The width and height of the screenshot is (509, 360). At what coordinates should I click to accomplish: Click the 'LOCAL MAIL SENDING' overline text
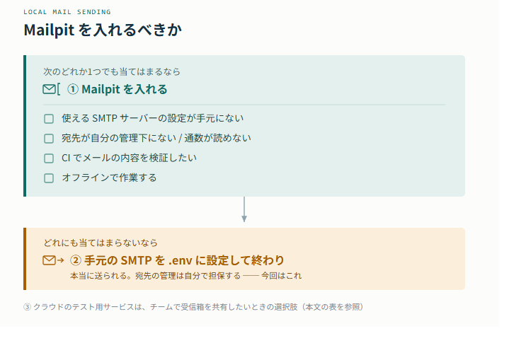point(67,12)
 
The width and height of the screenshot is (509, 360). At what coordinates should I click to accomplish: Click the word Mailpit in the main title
point(49,30)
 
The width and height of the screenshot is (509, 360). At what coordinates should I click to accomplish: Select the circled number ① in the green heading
point(73,89)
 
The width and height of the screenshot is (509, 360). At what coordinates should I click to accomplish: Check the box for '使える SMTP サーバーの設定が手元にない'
point(49,119)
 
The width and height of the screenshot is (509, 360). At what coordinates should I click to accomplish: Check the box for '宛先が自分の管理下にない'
point(49,139)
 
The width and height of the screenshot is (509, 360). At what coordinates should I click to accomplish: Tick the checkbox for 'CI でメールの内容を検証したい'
point(49,158)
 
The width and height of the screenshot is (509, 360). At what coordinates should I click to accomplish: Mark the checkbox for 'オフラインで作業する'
point(49,178)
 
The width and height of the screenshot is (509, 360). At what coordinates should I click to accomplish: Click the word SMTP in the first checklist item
point(105,118)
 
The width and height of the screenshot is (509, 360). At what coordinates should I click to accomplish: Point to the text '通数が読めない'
point(218,138)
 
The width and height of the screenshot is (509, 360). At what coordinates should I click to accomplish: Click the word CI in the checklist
point(66,158)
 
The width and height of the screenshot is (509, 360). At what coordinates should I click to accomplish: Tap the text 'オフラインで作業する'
point(110,178)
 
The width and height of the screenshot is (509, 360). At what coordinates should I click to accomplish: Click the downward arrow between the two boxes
point(244,209)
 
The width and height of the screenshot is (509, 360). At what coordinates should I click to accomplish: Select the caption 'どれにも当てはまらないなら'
point(101,243)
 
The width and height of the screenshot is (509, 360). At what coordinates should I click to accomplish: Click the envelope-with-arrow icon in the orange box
point(53,260)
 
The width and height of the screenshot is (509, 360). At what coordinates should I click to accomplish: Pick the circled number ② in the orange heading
point(76,260)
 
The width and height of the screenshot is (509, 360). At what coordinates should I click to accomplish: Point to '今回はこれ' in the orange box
point(282,276)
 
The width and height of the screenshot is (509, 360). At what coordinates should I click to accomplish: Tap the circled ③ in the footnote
point(28,307)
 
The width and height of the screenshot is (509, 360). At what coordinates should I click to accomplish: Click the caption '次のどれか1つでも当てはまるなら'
point(112,71)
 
